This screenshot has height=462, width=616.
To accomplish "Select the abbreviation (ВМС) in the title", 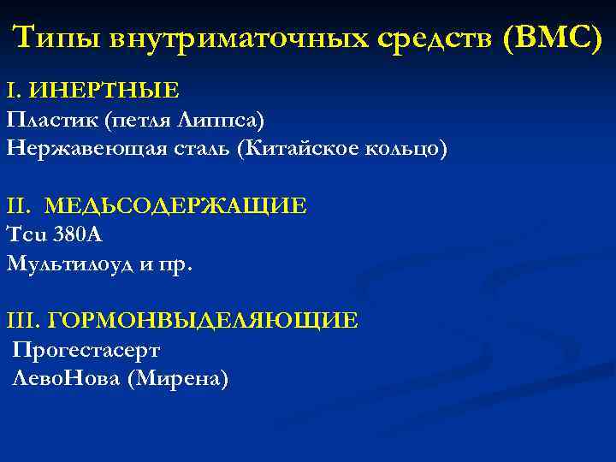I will pos(553,38).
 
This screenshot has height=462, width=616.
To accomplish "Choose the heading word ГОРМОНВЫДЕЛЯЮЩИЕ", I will pos(203,322).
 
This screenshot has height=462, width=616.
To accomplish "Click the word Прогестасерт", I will pos(86,351).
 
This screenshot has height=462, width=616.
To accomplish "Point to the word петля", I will pos(140,119).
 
